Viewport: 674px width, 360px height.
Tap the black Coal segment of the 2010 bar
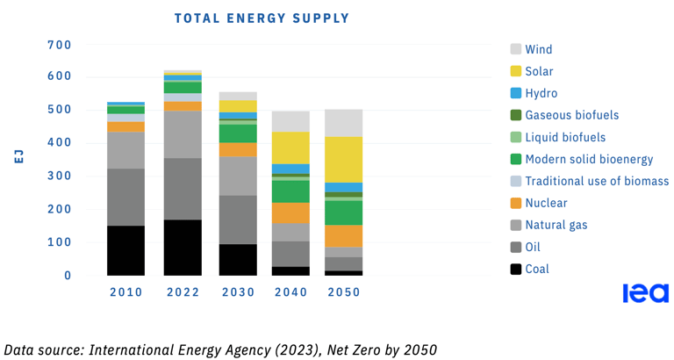pyautogui.click(x=125, y=250)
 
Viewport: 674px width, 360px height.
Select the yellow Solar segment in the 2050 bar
pyautogui.click(x=343, y=160)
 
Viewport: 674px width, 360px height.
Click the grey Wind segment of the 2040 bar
pyautogui.click(x=290, y=121)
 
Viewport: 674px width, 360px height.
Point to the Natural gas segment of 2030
pyautogui.click(x=238, y=176)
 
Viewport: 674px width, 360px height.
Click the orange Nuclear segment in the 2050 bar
pyautogui.click(x=343, y=236)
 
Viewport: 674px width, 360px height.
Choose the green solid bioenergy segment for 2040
pyautogui.click(x=290, y=191)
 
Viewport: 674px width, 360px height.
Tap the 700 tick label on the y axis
pyautogui.click(x=59, y=44)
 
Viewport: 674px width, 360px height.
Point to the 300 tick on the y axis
pyautogui.click(x=59, y=176)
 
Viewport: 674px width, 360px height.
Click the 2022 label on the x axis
pyautogui.click(x=183, y=292)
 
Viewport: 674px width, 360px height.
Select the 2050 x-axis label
pyautogui.click(x=343, y=292)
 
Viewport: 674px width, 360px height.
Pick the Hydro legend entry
pyautogui.click(x=541, y=93)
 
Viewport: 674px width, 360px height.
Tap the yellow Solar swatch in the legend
pyautogui.click(x=516, y=71)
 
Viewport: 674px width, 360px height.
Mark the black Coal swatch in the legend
pyautogui.click(x=516, y=269)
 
